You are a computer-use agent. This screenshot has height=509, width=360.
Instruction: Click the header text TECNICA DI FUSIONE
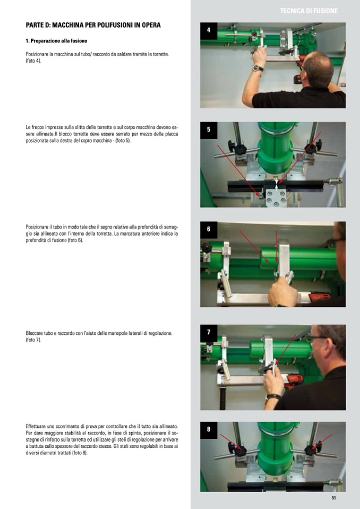308,11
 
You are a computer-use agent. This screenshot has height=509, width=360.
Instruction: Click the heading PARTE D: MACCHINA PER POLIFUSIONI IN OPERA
93,25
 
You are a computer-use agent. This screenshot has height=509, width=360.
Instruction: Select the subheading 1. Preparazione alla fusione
56,41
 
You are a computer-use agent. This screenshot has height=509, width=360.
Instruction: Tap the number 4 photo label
208,30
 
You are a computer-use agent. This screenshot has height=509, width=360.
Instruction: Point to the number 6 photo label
208,229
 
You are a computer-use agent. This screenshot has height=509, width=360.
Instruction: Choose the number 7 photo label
208,332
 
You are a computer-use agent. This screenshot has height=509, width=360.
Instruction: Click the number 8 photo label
208,430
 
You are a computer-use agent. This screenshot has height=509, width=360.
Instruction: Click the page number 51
333,498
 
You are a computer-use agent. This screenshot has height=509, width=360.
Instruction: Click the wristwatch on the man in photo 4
258,68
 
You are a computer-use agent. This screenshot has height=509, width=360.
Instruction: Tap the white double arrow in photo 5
276,184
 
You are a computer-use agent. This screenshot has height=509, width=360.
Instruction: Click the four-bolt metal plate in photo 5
276,198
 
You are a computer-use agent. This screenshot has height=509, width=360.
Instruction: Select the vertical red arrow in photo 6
276,246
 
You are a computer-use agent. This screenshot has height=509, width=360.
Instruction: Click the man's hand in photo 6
282,291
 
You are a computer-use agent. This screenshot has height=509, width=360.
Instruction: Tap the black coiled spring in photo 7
222,398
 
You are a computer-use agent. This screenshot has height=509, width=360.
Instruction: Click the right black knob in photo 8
312,449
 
